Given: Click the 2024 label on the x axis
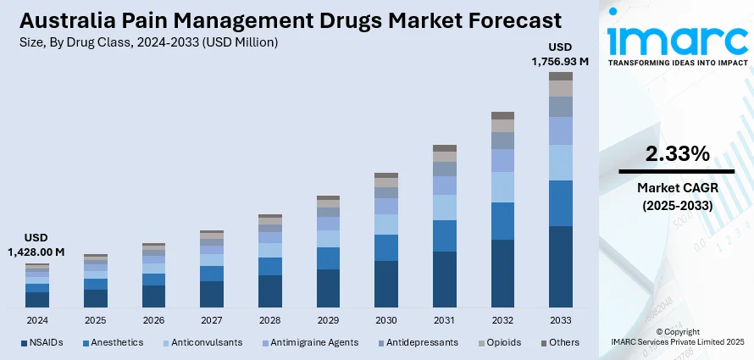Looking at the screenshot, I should click(37, 321).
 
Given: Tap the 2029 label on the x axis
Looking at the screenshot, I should click(328, 321).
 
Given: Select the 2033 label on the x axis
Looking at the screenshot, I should click(560, 321).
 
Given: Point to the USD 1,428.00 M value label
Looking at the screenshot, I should click(37, 245).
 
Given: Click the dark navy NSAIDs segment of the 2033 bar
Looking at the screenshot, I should click(560, 266).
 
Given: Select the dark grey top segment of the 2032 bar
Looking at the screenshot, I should click(502, 115).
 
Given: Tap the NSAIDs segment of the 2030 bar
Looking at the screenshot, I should click(386, 283).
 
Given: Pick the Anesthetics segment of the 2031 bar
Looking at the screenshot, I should click(444, 235).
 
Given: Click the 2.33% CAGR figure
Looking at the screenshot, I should click(677, 153).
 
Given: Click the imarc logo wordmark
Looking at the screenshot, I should click(676, 38).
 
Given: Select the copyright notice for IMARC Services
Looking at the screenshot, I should click(676, 336).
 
